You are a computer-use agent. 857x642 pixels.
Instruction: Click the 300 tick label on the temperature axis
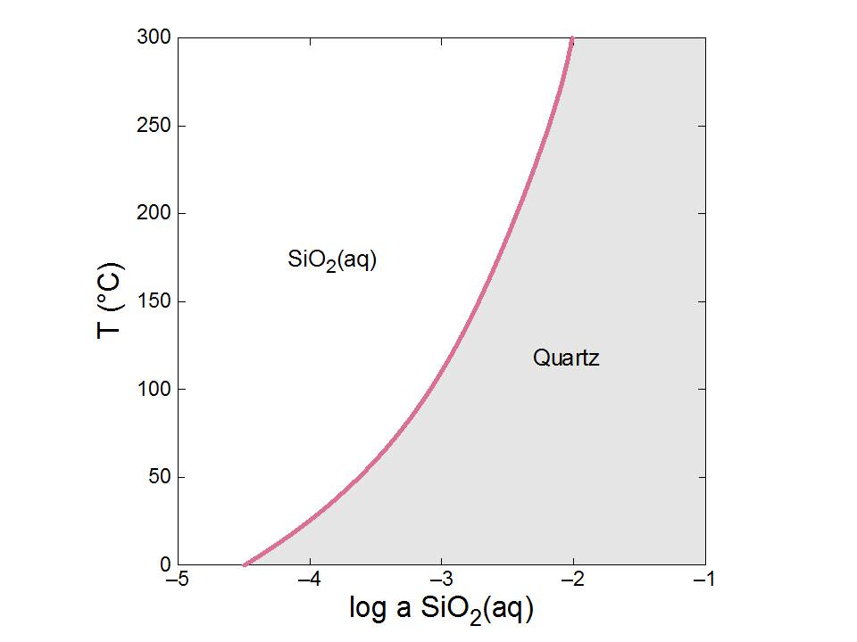(x=154, y=38)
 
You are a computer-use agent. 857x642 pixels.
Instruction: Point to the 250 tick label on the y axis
(x=154, y=126)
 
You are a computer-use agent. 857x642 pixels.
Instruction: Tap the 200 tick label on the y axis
(x=154, y=214)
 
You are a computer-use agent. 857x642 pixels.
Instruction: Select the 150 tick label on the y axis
(x=154, y=301)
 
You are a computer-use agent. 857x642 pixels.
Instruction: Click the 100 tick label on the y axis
(x=154, y=390)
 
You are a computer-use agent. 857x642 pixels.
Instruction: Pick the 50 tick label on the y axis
(x=158, y=477)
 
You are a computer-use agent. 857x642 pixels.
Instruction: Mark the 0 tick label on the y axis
(x=163, y=564)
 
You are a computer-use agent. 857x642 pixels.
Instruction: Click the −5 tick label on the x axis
(x=178, y=580)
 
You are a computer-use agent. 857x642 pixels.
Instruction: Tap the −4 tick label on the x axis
(x=310, y=580)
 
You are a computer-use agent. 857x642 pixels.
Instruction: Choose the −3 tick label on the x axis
(x=441, y=580)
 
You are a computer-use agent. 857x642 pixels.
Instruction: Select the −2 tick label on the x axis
(x=573, y=580)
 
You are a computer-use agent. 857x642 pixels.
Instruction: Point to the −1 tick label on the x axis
(x=705, y=580)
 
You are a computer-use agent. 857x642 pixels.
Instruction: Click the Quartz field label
(x=566, y=358)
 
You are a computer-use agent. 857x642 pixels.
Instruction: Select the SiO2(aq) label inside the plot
(x=332, y=259)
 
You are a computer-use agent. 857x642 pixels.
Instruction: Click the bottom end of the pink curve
(x=245, y=564)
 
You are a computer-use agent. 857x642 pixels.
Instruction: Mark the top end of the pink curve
(x=571, y=38)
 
